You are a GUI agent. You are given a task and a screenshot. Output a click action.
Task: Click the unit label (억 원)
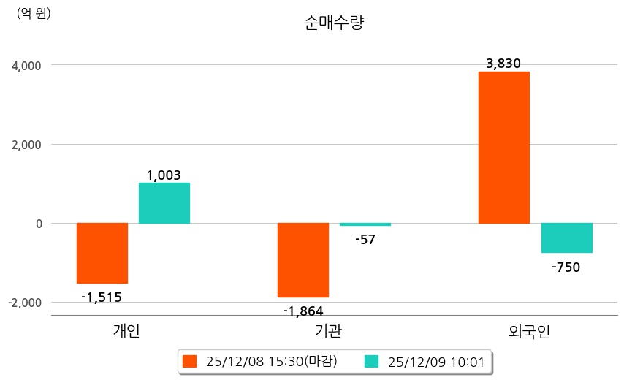[x=34, y=12]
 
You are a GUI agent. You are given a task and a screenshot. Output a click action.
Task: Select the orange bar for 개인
[x=102, y=253]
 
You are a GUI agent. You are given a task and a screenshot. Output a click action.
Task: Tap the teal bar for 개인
[x=164, y=203]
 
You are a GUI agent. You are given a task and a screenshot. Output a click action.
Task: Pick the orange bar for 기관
[x=303, y=260]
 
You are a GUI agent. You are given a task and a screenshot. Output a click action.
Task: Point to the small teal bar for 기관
[x=365, y=224]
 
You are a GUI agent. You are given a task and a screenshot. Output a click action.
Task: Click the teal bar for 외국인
[x=567, y=237]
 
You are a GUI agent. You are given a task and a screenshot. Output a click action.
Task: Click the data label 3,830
[x=503, y=64]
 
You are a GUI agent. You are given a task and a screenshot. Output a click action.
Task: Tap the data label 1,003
[x=164, y=175]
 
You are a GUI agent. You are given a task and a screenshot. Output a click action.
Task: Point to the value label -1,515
[x=102, y=297]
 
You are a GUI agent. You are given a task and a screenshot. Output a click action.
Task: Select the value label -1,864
[x=303, y=311]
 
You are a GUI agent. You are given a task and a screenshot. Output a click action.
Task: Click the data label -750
[x=566, y=267]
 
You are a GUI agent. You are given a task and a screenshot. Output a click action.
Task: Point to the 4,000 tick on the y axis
[x=28, y=66]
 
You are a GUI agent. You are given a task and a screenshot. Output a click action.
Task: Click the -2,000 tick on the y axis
[x=26, y=303]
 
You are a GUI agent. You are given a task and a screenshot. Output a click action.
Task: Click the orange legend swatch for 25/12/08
[x=190, y=361]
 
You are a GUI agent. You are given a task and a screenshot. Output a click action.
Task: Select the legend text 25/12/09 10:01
[x=435, y=361]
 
